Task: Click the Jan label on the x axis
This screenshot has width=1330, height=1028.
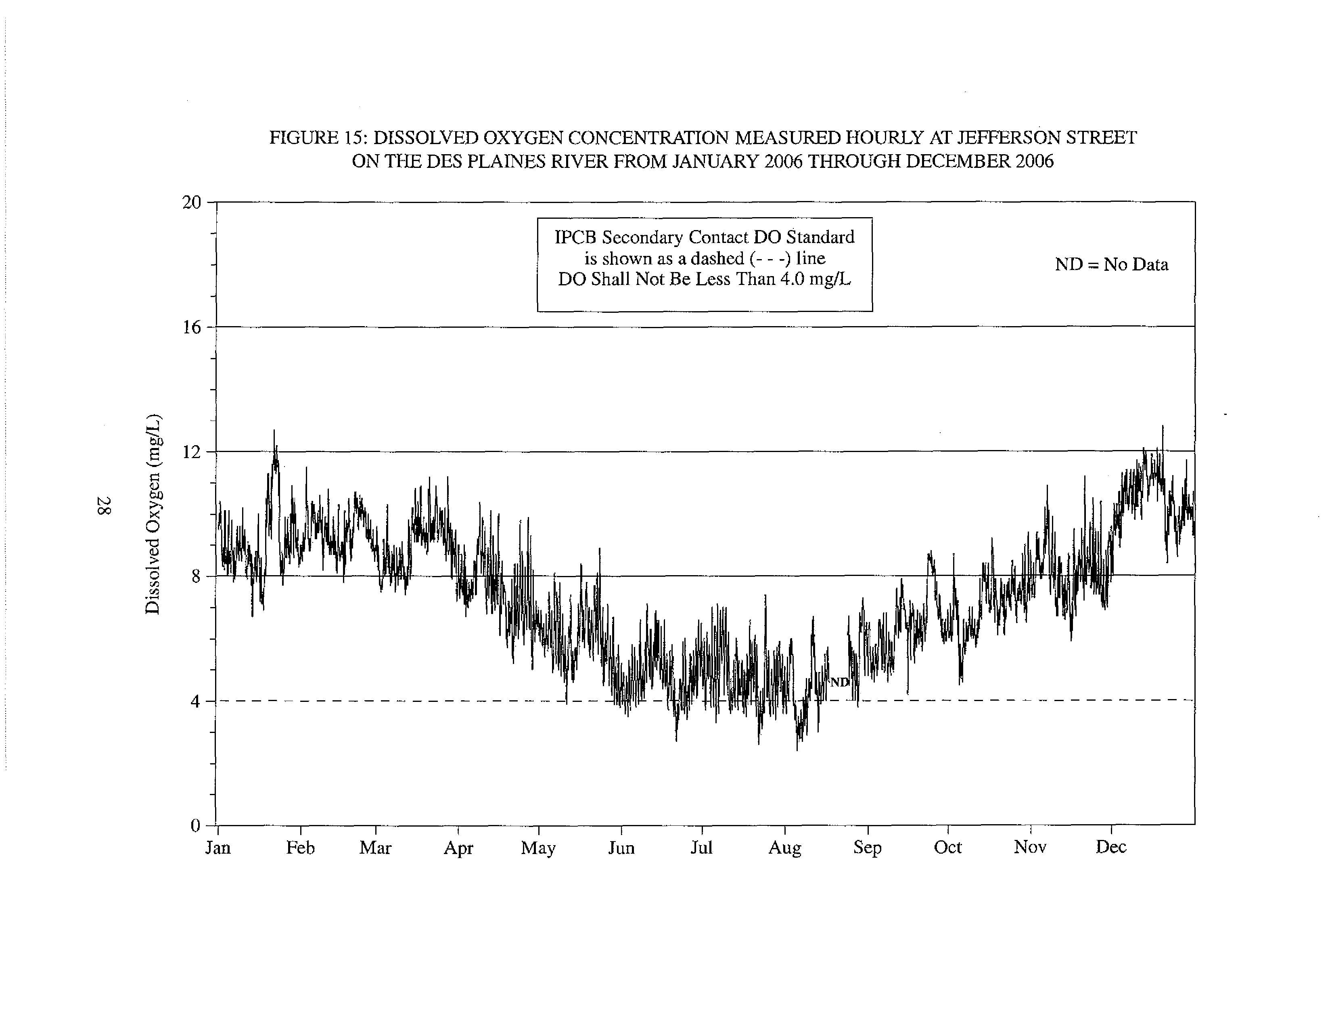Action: click(x=218, y=848)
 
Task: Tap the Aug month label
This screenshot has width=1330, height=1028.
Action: click(x=784, y=848)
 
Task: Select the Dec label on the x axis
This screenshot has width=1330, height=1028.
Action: click(x=1111, y=847)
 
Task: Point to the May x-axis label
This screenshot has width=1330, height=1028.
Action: click(x=538, y=848)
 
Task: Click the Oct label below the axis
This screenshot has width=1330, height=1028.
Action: click(x=947, y=847)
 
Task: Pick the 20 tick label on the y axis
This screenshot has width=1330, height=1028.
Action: click(x=191, y=202)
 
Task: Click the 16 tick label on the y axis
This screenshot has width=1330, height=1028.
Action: click(x=191, y=328)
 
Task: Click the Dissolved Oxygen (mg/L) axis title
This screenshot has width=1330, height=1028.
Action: click(x=153, y=514)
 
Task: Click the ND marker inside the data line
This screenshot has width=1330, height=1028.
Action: click(x=840, y=682)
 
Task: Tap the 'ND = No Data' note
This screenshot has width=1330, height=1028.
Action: click(x=1111, y=264)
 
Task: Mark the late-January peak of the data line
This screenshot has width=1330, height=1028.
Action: click(x=274, y=431)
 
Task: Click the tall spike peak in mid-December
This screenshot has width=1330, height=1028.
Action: click(x=1163, y=426)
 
